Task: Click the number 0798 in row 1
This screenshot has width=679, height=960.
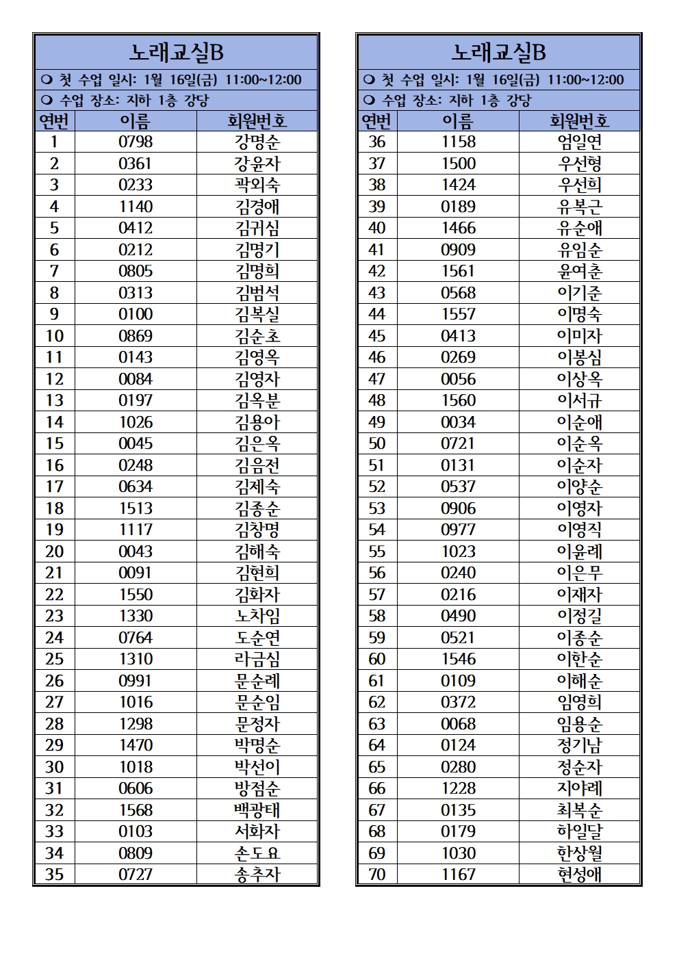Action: pos(136,142)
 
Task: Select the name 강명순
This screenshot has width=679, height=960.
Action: pos(257,142)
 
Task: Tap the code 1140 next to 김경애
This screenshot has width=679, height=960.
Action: pos(136,207)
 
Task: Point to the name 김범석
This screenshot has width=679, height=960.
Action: pos(257,293)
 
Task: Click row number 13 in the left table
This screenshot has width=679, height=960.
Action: pos(54,400)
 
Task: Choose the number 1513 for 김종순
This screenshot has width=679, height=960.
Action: pos(136,508)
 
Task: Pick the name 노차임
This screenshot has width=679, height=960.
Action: pos(257,616)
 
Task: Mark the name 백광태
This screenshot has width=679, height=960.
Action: pos(257,810)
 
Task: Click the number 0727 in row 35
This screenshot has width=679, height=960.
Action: pos(136,874)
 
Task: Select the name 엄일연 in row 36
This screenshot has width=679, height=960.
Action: pos(580,142)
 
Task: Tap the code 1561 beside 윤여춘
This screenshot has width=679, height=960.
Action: pos(458,271)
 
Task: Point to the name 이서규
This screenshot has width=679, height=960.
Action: pos(580,400)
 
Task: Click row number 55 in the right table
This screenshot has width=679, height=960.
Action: pos(376,552)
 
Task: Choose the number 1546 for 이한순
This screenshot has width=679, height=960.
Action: pos(458,659)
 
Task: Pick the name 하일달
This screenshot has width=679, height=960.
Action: pos(580,831)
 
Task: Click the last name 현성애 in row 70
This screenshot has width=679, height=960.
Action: pos(580,874)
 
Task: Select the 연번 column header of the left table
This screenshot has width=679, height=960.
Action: pos(54,121)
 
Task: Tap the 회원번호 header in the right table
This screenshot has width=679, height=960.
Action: pos(580,121)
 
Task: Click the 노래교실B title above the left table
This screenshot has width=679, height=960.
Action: pos(177,52)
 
